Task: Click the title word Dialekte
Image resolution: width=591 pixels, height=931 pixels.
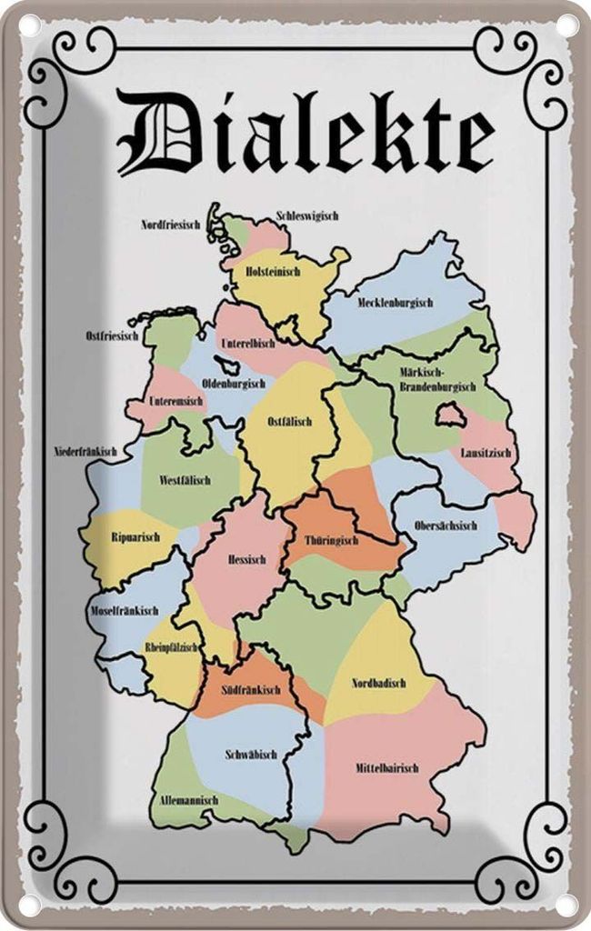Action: point(306,140)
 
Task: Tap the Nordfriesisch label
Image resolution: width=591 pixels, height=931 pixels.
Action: point(173,224)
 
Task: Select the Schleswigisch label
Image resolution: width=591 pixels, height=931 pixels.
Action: point(307,216)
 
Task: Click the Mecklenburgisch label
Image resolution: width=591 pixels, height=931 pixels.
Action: point(395,303)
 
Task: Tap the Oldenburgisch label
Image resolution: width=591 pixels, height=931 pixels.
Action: point(233,384)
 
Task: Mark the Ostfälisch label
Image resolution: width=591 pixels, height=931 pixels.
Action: point(290,422)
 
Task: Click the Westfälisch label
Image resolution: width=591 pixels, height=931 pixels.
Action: point(185,479)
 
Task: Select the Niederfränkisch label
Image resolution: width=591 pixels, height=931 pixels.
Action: point(85,452)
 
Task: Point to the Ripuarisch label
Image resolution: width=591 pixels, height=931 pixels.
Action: point(135,537)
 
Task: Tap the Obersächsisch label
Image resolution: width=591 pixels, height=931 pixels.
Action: point(446,526)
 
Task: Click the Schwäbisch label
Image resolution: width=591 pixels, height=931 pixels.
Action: point(250,755)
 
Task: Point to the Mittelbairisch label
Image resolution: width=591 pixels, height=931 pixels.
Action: point(386,768)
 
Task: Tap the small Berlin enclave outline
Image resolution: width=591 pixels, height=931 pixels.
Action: point(449,415)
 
